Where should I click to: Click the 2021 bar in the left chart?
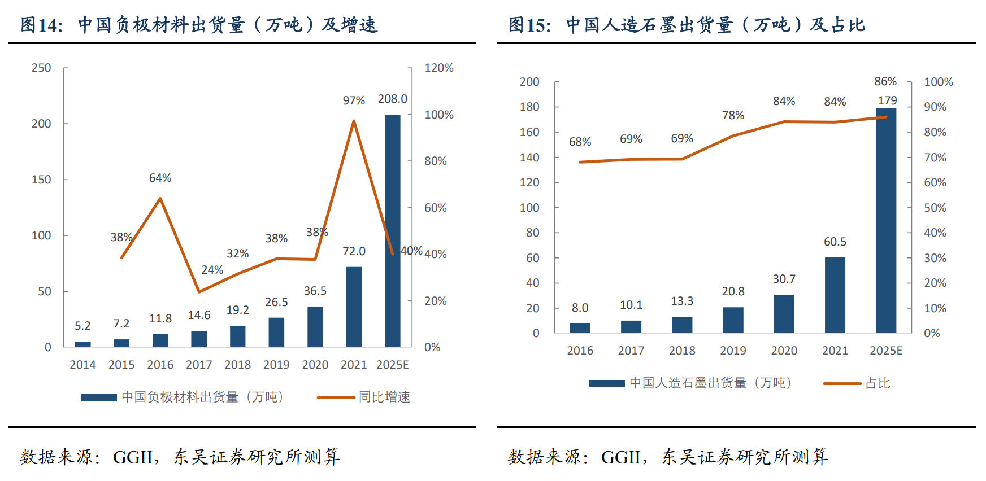[x=354, y=307]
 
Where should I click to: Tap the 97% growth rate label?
[x=354, y=100]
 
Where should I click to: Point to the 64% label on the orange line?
[x=160, y=178]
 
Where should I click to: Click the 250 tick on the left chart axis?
[x=41, y=68]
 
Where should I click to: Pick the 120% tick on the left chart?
[x=438, y=68]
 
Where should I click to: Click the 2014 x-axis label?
[x=82, y=365]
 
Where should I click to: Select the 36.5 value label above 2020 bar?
[x=315, y=291]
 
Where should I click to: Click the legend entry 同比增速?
[x=384, y=397]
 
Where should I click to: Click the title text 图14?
[x=41, y=25]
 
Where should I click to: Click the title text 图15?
[x=529, y=25]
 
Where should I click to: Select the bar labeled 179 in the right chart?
[x=886, y=220]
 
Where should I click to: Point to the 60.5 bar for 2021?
[x=835, y=295]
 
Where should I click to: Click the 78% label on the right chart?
[x=733, y=115]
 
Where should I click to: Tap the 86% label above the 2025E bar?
[x=885, y=82]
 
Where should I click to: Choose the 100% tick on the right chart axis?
[x=938, y=82]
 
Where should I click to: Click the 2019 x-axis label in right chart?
[x=733, y=351]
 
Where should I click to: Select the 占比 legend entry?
[x=878, y=383]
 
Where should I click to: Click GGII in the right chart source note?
[x=620, y=457]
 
